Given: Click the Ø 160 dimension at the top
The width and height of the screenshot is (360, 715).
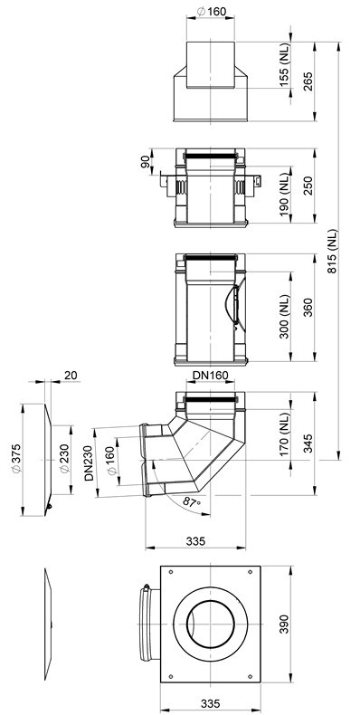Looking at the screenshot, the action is click(x=211, y=12).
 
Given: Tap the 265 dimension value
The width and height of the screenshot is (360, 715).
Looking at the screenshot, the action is click(x=308, y=81).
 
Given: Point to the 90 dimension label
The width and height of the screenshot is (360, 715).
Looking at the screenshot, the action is click(x=146, y=162).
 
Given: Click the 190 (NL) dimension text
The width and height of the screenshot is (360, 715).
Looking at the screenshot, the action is click(x=284, y=195).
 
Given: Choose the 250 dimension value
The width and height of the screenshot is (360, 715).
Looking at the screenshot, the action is click(x=308, y=186).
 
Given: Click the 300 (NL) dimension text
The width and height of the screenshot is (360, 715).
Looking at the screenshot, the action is click(x=284, y=317).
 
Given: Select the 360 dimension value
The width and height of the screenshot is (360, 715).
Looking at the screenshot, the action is click(x=308, y=308).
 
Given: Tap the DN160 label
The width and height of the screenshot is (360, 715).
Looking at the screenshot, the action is click(x=210, y=376).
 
